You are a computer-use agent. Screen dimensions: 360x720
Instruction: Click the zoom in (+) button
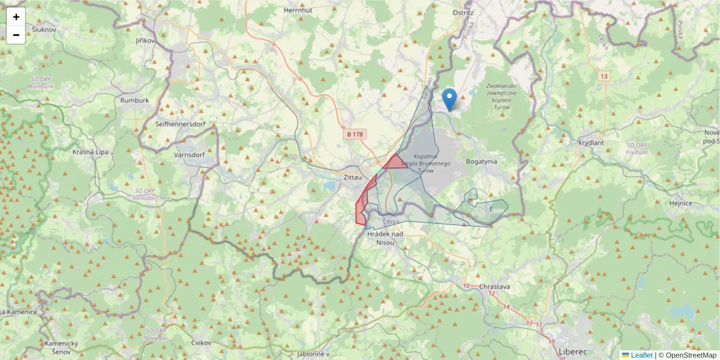tap(16, 17)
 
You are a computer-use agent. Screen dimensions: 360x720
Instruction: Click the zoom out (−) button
tap(16, 35)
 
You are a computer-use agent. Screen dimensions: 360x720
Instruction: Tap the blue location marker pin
tap(449, 100)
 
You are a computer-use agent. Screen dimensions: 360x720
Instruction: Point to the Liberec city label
tap(572, 352)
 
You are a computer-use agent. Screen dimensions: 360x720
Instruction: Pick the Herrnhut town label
tap(299, 11)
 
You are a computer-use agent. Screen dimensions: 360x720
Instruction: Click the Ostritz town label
tap(464, 12)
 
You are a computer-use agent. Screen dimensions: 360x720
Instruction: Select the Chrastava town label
tap(494, 287)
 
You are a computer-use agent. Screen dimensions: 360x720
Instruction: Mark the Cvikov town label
tap(201, 343)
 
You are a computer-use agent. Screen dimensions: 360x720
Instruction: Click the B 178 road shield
tap(356, 135)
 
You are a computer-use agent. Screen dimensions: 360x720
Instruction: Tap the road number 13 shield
tap(603, 76)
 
